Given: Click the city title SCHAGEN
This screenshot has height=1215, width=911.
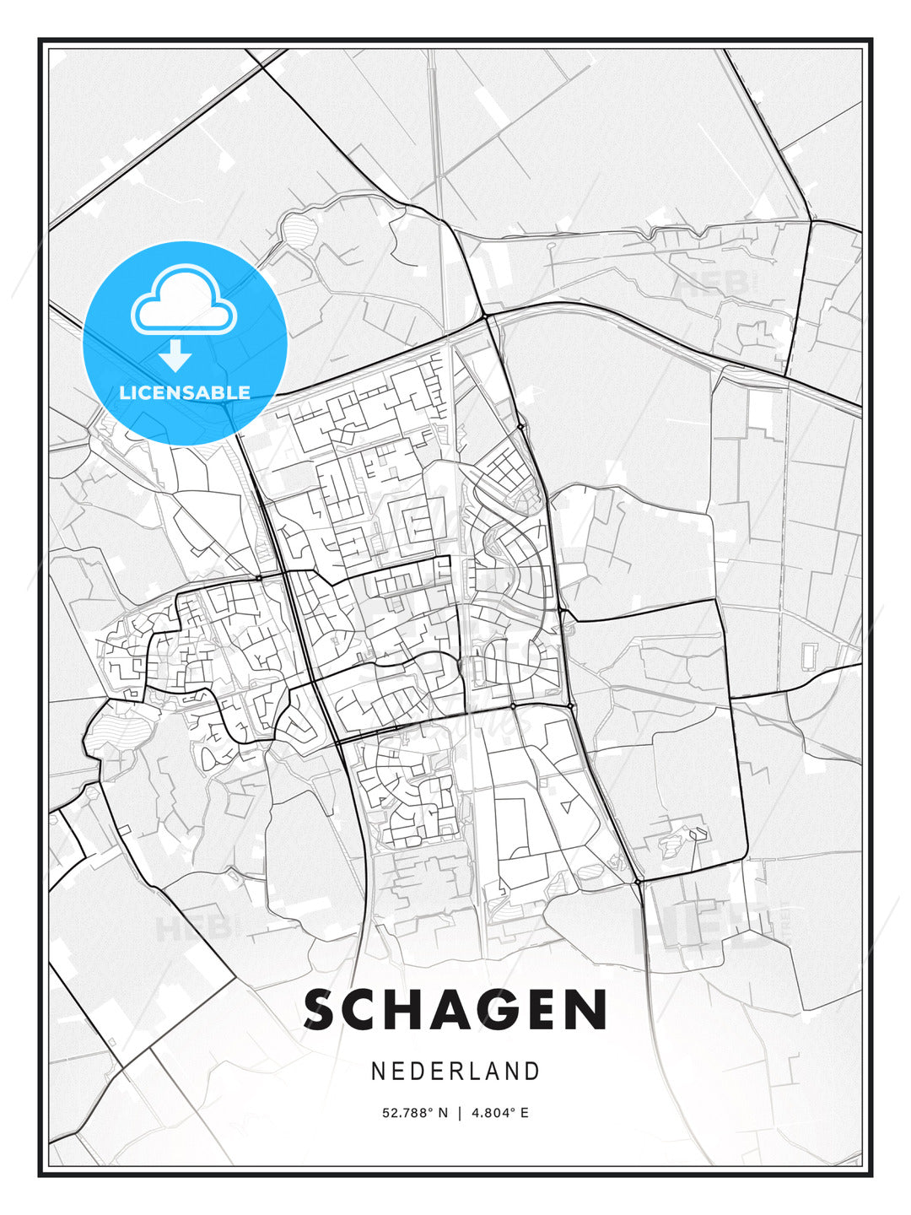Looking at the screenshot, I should click(455, 1009).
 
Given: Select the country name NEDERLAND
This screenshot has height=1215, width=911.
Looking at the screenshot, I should click(455, 1071).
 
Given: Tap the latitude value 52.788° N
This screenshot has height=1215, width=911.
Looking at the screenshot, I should click(415, 1113).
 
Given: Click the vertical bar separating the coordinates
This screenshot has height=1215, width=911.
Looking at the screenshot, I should click(460, 1113).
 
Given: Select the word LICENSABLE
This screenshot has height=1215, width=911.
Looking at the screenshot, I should click(184, 392).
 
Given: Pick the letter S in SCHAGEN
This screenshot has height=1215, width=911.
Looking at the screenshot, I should click(326, 1009).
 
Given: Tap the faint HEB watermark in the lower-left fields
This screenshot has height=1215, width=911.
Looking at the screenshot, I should click(192, 929).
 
